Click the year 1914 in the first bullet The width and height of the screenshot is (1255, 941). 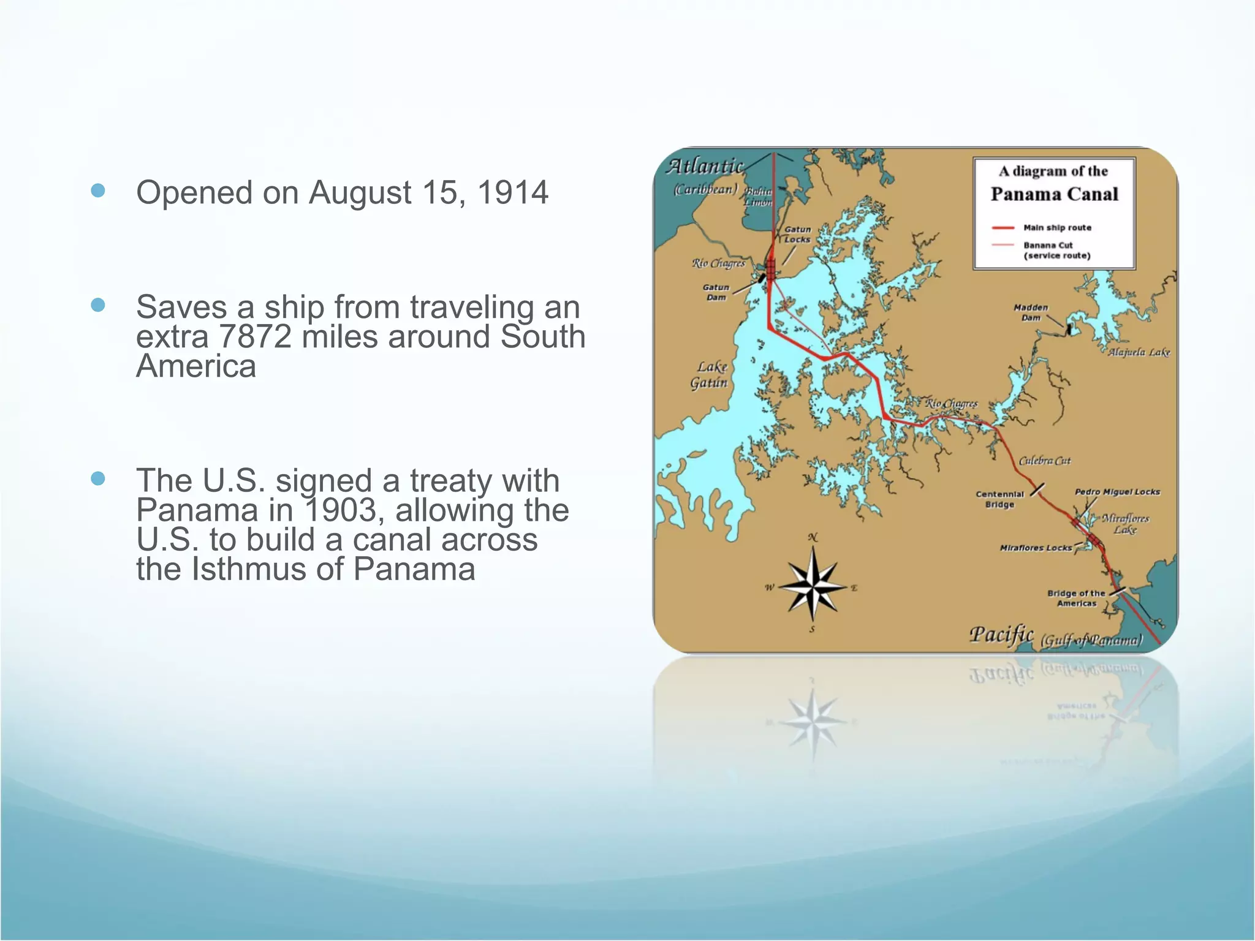[x=512, y=192]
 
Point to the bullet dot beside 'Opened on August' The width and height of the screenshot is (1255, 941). [x=98, y=191]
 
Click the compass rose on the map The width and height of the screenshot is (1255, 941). [x=812, y=586]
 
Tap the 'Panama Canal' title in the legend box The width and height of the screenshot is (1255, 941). [x=1054, y=194]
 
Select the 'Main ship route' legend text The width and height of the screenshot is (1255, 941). [x=1057, y=227]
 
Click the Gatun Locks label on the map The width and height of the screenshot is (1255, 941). [x=797, y=234]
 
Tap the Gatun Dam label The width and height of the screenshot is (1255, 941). [x=716, y=292]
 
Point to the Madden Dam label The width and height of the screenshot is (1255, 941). [x=1031, y=312]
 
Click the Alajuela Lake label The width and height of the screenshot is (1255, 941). [x=1139, y=352]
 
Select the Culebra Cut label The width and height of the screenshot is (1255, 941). [x=1044, y=461]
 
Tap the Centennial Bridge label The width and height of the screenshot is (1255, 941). [x=999, y=499]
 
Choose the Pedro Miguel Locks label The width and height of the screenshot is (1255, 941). [x=1117, y=492]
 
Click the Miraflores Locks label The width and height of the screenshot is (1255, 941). [x=1036, y=548]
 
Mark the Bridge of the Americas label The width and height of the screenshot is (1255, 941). [x=1076, y=598]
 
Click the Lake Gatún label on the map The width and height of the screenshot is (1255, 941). [x=710, y=375]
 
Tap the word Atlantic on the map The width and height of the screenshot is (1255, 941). [x=705, y=166]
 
